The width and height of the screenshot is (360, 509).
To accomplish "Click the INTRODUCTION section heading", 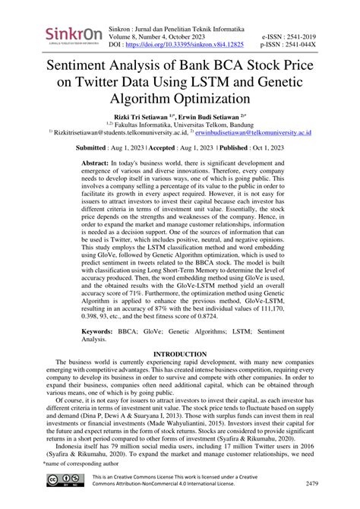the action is pyautogui.click(x=180, y=355).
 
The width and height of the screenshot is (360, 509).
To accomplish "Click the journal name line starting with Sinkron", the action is pyautogui.click(x=179, y=27).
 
